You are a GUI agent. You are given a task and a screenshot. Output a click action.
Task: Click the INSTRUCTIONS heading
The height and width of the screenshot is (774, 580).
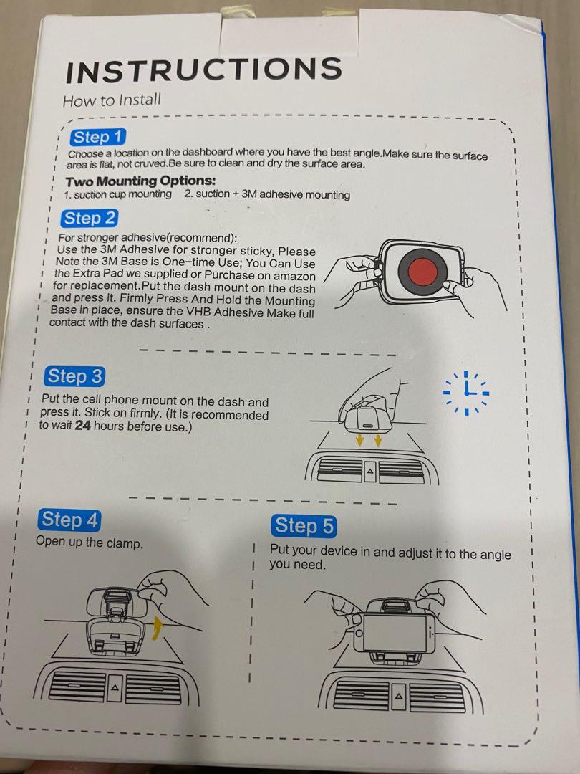(x=203, y=70)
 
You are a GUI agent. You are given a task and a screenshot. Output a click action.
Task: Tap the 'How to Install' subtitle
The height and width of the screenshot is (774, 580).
(x=112, y=100)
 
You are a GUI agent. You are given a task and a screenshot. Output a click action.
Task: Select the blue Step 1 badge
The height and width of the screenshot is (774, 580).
(x=97, y=137)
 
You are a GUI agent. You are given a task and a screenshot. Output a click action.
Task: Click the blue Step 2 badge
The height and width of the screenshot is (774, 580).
(x=90, y=218)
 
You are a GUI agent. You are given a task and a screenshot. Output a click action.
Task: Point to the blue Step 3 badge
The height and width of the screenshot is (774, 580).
(x=75, y=377)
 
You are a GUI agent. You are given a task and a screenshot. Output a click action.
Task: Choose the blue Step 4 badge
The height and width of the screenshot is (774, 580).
(x=69, y=520)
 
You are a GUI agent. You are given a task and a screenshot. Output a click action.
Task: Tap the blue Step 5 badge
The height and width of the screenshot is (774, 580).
(x=304, y=526)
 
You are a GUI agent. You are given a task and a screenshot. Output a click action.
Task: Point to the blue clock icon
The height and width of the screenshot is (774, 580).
(x=466, y=393)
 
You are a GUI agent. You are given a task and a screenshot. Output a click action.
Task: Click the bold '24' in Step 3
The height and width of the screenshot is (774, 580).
(x=82, y=425)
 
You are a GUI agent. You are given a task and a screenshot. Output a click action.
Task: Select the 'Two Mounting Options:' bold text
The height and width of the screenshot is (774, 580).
(x=140, y=181)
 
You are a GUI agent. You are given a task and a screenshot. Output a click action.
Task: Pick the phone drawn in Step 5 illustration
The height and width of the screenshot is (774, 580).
(x=395, y=633)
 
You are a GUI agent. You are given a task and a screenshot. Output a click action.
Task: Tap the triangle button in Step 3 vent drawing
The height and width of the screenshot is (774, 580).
(x=370, y=471)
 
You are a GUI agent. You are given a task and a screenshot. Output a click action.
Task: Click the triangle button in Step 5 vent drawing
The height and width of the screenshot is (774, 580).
(x=399, y=697)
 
